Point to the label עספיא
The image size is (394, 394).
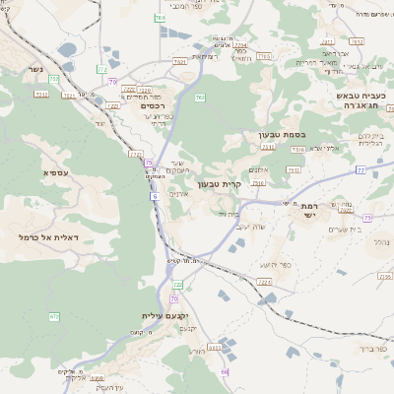[55, 172]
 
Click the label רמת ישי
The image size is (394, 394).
[300, 210]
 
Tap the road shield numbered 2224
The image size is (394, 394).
[263, 282]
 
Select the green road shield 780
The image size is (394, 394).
[160, 18]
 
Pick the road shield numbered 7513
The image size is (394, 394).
[268, 147]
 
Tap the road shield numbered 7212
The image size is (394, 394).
[41, 95]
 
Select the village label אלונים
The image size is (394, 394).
[179, 193]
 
